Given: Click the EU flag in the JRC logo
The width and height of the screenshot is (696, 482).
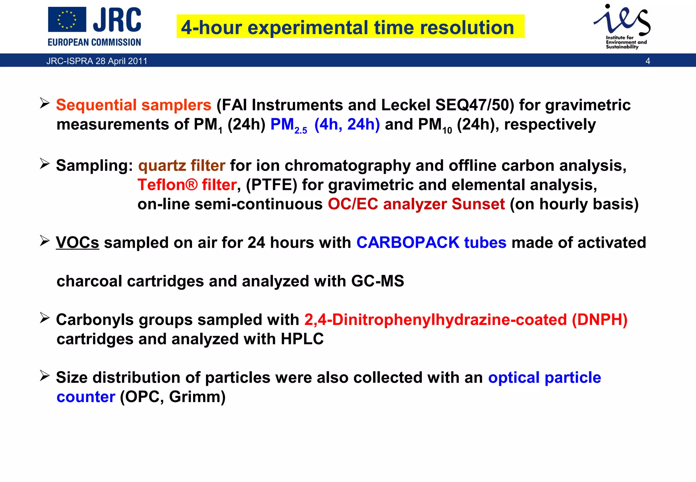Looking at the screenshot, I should click(67, 20).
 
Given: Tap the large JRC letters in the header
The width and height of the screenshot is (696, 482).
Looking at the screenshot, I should click(117, 20).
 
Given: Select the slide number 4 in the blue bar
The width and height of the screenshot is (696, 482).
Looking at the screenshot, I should click(648, 61).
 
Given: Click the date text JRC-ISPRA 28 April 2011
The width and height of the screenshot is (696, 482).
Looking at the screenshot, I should click(97, 61).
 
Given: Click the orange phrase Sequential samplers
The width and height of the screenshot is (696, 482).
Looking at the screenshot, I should click(134, 105).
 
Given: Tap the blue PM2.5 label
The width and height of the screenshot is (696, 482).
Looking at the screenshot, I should click(289, 125).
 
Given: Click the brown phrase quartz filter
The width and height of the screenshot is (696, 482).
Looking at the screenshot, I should click(181, 166).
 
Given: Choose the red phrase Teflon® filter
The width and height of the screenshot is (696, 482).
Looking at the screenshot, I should click(187, 185).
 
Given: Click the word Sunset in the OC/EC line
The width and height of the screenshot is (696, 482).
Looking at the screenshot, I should click(478, 204).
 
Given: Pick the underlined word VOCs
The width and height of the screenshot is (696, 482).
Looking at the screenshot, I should click(77, 243).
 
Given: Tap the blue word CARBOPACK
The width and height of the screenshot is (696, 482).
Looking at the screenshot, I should click(408, 243).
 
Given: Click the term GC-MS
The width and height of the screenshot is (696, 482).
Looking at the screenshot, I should click(378, 281).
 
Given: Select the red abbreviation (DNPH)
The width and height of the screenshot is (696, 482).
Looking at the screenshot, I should click(599, 320).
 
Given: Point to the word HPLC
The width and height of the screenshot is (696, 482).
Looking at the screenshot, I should click(302, 339).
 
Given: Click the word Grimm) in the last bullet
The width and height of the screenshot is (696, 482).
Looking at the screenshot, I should click(197, 397).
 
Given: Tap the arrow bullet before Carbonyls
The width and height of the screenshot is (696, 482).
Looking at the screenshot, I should click(45, 318).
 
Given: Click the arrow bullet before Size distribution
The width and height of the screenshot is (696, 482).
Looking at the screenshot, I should click(45, 376).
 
